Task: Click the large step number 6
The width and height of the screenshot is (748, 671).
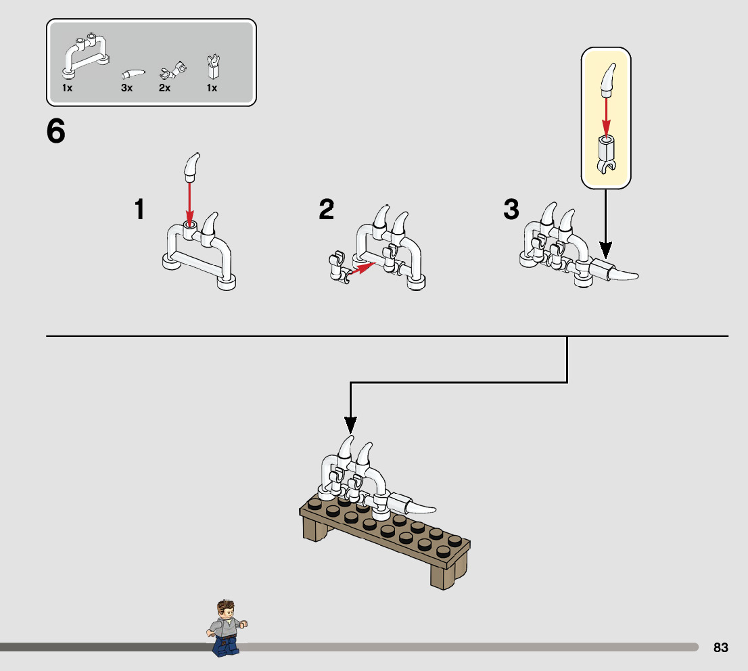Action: [x=56, y=131]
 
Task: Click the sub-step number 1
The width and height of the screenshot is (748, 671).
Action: [x=139, y=210]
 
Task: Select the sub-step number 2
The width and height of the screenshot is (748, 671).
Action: [x=327, y=210]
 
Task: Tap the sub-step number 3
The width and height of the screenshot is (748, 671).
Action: [x=511, y=210]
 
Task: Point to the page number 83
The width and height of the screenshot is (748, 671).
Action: [x=721, y=647]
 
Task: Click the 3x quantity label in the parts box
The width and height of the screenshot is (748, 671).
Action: [x=127, y=88]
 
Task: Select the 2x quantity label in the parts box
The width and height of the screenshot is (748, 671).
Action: [x=164, y=88]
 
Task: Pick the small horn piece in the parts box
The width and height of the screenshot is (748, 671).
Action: [x=133, y=74]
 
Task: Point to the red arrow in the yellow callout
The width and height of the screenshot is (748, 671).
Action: [x=606, y=116]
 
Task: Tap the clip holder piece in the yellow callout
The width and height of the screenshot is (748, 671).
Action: [x=605, y=154]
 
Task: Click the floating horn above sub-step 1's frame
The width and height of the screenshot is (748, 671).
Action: [x=192, y=167]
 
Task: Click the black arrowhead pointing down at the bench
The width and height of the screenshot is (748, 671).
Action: [x=350, y=425]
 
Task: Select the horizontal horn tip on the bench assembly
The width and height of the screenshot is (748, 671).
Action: [x=420, y=507]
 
